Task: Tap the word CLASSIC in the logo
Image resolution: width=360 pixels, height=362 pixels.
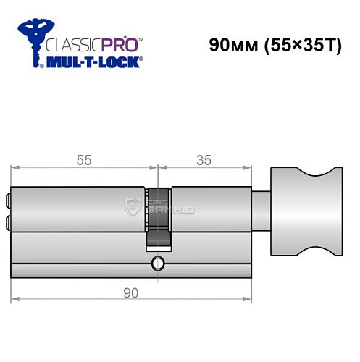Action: [x=72, y=43]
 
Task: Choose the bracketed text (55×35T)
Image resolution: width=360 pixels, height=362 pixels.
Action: [x=304, y=45]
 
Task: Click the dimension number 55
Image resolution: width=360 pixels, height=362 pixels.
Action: [x=84, y=161]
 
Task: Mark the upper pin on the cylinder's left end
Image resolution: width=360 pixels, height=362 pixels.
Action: [x=9, y=196]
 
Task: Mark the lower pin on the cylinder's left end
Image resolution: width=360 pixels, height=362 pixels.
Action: [x=9, y=220]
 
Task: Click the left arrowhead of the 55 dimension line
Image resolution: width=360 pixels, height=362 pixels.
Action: [x=14, y=169]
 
